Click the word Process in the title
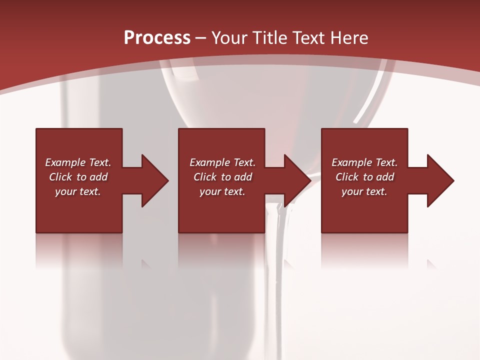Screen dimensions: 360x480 click(157, 37)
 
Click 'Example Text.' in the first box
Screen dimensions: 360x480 click(78, 162)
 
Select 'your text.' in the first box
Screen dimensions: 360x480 click(78, 191)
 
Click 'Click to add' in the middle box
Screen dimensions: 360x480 click(222, 177)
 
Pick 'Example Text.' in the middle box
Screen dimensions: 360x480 click(222, 162)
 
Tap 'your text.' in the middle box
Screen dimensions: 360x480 click(222, 191)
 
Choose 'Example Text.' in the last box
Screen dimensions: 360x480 click(364, 162)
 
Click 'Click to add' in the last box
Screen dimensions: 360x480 click(364, 177)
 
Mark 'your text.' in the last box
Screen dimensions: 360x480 click(364, 191)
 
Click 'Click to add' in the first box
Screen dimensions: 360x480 click(78, 177)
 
